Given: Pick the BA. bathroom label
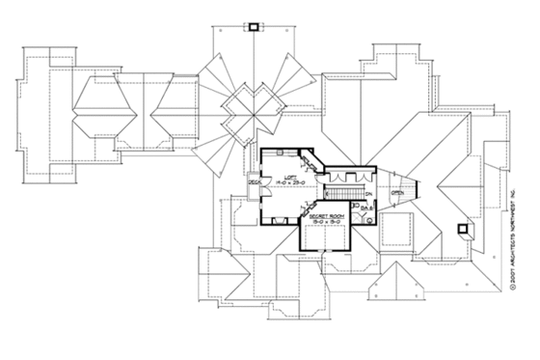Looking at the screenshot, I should point(368,204).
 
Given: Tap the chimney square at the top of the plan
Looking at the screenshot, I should point(254,25).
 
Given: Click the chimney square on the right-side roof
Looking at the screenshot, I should point(462,231).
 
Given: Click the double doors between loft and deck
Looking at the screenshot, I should point(263,182).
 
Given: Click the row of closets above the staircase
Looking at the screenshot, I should point(342,177).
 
